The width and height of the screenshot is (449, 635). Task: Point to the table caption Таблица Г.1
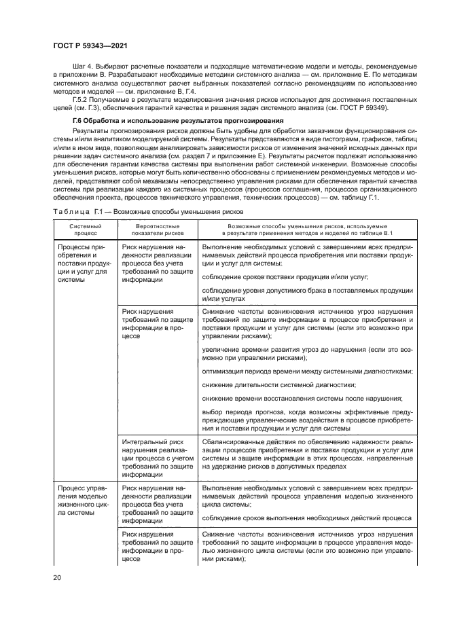pos(77,213)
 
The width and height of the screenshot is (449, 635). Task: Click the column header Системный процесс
pos(84,227)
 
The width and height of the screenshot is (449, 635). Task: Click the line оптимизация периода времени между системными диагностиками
pos(307,371)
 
